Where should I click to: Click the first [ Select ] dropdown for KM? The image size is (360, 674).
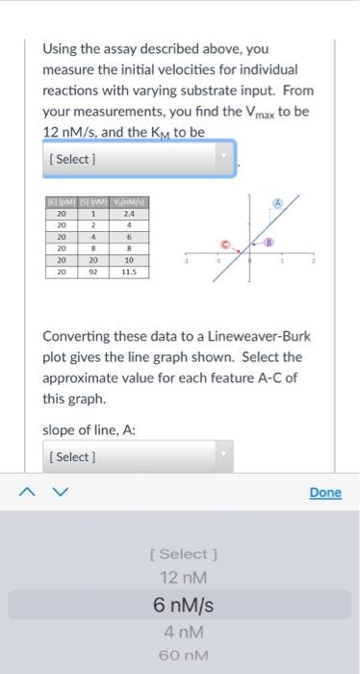point(139,158)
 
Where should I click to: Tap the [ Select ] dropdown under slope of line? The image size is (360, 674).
point(139,456)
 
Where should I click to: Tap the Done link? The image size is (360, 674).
point(325,492)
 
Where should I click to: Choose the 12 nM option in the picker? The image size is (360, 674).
point(183,578)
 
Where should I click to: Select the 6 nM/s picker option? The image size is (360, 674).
point(183,606)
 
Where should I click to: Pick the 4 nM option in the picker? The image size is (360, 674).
point(183,633)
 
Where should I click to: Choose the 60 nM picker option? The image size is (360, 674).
point(183,656)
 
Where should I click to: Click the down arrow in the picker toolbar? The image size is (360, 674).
point(61,493)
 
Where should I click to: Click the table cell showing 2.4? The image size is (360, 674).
point(128,214)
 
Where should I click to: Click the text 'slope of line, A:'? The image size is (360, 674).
point(89,429)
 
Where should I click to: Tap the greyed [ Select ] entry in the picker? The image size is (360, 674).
point(183,554)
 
